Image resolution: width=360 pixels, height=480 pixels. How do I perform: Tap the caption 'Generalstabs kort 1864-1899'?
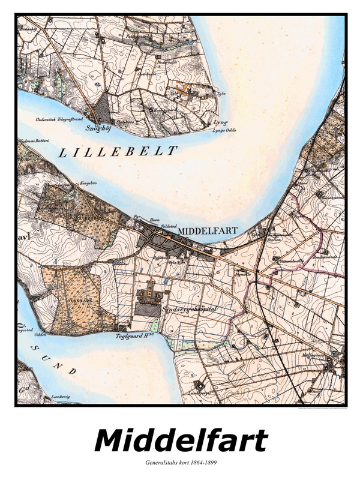180,464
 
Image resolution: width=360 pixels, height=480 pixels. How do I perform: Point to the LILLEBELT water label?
118,152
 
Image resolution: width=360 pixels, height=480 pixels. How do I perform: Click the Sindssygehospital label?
191,307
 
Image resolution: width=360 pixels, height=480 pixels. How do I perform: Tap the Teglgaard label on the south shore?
139,337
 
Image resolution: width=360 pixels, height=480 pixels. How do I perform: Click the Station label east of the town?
274,238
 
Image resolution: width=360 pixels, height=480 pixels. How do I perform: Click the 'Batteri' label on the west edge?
31,142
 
